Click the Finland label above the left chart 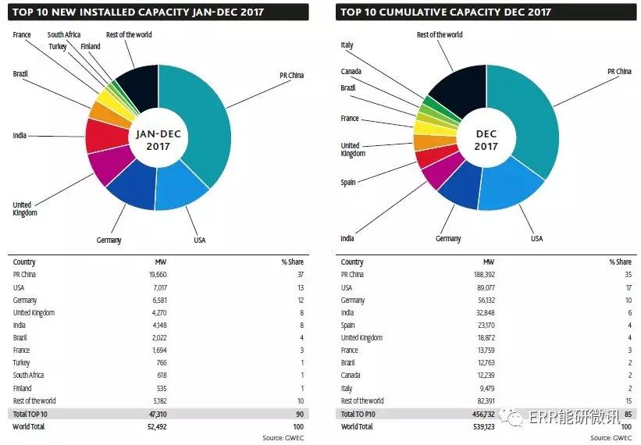(91, 46)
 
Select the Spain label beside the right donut (348, 182)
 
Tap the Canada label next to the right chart (351, 73)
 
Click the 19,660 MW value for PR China (155, 275)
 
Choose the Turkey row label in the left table (23, 363)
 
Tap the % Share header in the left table (293, 262)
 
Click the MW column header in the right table (490, 262)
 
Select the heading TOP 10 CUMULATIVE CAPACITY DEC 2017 (445, 12)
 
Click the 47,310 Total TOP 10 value (155, 413)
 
